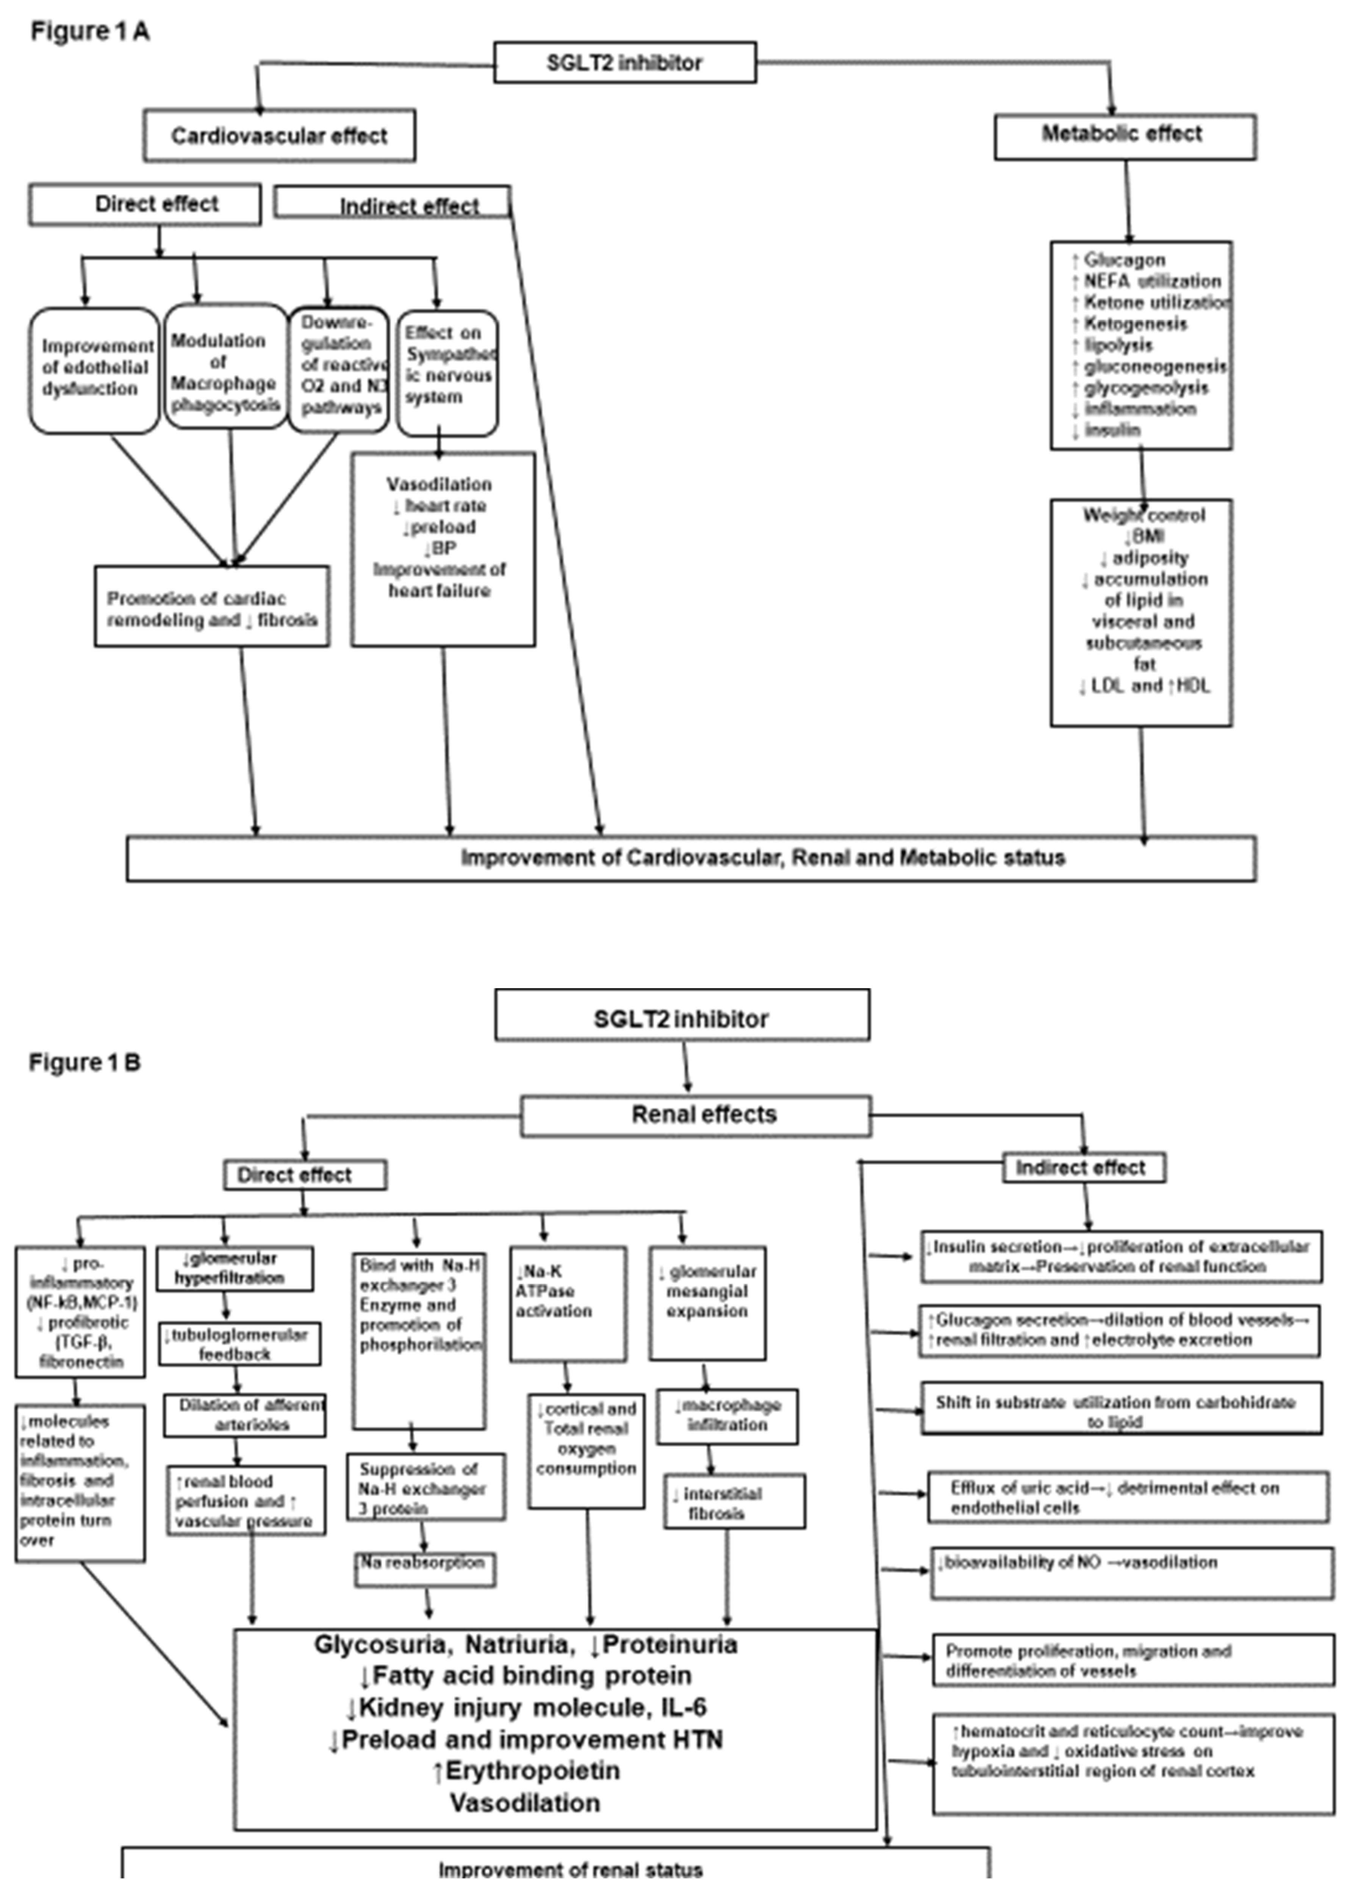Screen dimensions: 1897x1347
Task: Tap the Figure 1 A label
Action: pyautogui.click(x=89, y=31)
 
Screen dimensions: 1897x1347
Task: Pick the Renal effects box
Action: pyautogui.click(x=696, y=1115)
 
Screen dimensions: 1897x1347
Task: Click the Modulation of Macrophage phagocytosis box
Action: pyautogui.click(x=225, y=366)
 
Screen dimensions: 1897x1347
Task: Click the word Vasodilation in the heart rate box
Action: pyautogui.click(x=439, y=484)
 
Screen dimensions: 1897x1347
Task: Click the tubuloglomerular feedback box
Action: pyautogui.click(x=240, y=1344)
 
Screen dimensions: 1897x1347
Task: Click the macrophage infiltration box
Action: pyautogui.click(x=727, y=1416)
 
